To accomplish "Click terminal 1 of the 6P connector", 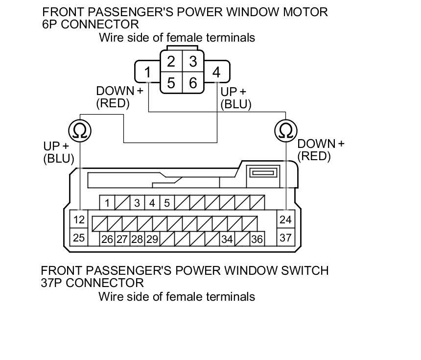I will click(x=147, y=72).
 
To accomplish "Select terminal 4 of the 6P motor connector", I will click(x=216, y=72).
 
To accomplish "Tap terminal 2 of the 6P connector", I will click(x=171, y=62).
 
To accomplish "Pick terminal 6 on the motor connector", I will click(x=193, y=83).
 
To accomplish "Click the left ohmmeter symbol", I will click(x=79, y=130).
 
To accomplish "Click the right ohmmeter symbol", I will click(x=286, y=130).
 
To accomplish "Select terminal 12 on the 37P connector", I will click(x=79, y=220).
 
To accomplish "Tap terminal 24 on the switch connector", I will click(x=285, y=220).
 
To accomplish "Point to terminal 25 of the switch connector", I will click(x=79, y=238).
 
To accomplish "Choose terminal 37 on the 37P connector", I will click(x=285, y=238).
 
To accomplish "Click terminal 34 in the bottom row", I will click(x=227, y=240).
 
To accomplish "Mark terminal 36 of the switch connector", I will click(x=257, y=240).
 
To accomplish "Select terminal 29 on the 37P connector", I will click(x=152, y=240).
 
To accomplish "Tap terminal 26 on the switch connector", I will click(x=107, y=240).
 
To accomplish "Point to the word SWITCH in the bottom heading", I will click(x=303, y=270).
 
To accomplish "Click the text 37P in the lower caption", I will click(x=51, y=283).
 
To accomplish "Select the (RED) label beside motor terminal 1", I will click(x=113, y=103).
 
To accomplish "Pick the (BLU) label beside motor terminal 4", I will click(x=236, y=104).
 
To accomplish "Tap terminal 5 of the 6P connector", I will click(x=171, y=83).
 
